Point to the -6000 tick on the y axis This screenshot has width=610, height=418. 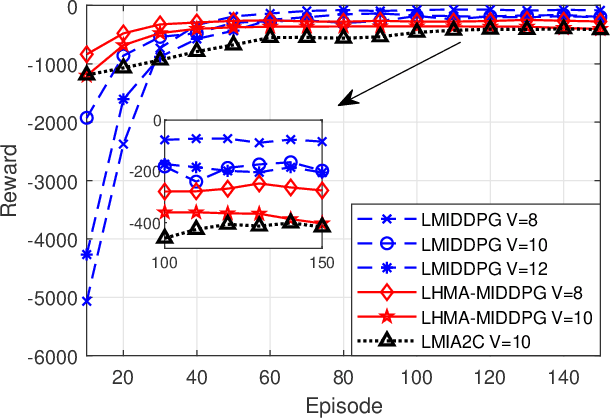pyautogui.click(x=55, y=356)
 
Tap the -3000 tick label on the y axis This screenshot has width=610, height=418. pyautogui.click(x=55, y=182)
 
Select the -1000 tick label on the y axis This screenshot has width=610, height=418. pyautogui.click(x=55, y=65)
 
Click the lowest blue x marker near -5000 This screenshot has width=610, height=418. pyautogui.click(x=87, y=300)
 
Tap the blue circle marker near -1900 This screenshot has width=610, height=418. pyautogui.click(x=87, y=118)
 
